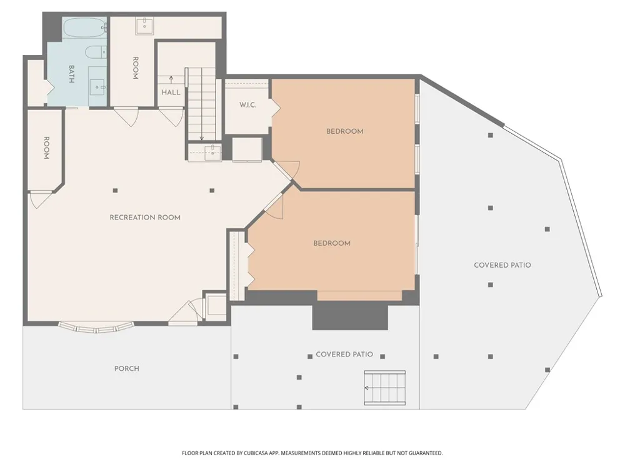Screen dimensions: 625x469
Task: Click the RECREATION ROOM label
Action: (145, 218)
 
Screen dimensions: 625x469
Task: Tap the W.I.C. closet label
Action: (247, 105)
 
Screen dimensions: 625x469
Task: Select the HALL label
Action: (171, 93)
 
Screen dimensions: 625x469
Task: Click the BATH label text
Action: (71, 74)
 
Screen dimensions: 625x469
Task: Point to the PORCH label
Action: (127, 368)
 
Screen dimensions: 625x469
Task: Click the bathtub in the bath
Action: (85, 28)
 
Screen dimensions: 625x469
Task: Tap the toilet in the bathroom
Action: (96, 52)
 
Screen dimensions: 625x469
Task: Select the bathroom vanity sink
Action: (98, 86)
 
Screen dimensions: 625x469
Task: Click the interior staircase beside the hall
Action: (202, 104)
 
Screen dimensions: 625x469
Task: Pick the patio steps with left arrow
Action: (385, 388)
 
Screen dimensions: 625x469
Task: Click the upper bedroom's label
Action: (345, 131)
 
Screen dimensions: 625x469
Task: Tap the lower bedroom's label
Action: (332, 243)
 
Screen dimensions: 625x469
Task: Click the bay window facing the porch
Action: (96, 327)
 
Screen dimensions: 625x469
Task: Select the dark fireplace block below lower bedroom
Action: (350, 315)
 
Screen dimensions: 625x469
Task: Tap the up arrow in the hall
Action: (171, 80)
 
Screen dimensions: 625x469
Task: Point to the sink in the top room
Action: (144, 26)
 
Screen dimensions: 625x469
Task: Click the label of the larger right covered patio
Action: (502, 265)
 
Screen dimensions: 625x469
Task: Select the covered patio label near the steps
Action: (344, 354)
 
